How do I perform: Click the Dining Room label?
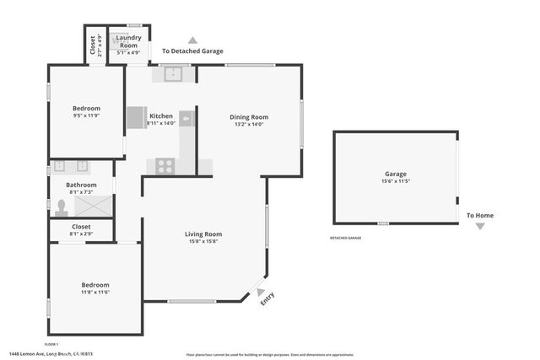tap(249, 117)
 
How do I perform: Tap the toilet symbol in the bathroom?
tap(61, 207)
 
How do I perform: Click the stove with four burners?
tap(165, 166)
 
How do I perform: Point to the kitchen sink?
tap(174, 74)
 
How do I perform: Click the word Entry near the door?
tap(267, 298)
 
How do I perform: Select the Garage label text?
tap(396, 174)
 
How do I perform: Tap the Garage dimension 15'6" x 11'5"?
tap(396, 181)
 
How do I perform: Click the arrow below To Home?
tap(480, 226)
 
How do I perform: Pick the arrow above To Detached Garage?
tap(192, 40)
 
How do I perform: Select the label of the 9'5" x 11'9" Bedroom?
tap(86, 108)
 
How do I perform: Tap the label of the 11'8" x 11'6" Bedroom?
tap(95, 285)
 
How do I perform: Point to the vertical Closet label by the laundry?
tap(93, 44)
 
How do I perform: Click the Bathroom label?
tap(82, 185)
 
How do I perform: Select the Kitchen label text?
tap(161, 116)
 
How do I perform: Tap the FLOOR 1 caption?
tap(51, 344)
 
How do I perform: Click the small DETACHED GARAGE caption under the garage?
tap(345, 238)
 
